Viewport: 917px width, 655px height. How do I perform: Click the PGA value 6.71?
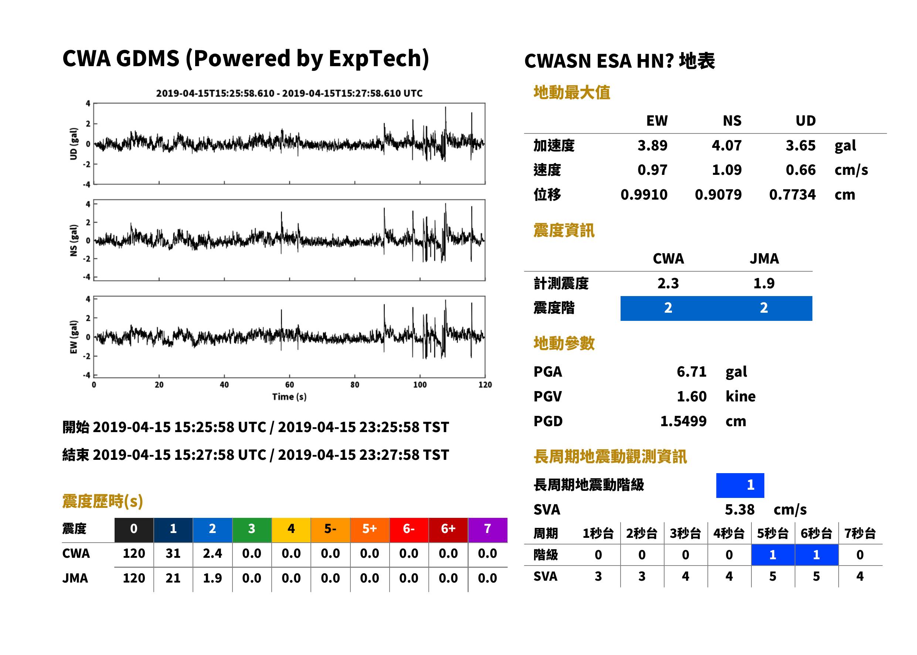tap(691, 371)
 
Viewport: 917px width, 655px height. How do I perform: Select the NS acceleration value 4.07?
tap(726, 145)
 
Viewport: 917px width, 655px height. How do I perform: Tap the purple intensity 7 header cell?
tap(488, 529)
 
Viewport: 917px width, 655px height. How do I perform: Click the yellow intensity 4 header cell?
tap(291, 529)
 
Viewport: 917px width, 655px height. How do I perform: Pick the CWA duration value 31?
tap(173, 553)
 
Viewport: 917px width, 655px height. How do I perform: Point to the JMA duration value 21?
tap(173, 578)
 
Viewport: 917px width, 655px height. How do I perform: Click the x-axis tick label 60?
tap(289, 385)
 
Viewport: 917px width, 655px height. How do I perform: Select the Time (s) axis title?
tap(289, 397)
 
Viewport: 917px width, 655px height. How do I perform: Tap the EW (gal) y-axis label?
tap(74, 337)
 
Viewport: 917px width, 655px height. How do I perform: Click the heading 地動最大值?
tap(572, 92)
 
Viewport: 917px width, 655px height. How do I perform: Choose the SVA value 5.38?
tap(740, 510)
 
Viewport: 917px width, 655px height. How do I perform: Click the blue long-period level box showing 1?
tap(740, 485)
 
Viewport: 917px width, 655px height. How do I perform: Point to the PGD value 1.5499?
tap(683, 421)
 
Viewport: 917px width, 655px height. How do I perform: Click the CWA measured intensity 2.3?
tap(668, 283)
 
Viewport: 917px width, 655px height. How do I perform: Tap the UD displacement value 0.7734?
tap(792, 194)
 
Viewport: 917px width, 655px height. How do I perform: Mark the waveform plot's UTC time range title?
tap(289, 93)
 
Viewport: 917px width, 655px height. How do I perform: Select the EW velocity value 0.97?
tap(652, 170)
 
